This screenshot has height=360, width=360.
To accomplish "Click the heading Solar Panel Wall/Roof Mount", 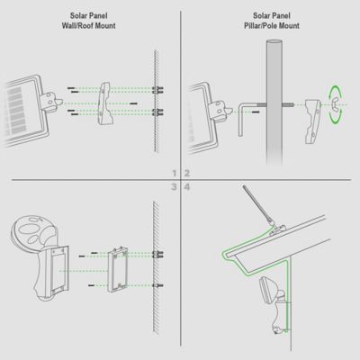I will (89, 22).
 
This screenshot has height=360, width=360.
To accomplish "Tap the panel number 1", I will (174, 171).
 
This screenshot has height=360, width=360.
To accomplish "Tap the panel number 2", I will (186, 171).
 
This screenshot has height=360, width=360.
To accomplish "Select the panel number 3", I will (174, 187).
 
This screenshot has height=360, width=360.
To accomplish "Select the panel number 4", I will (186, 187).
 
